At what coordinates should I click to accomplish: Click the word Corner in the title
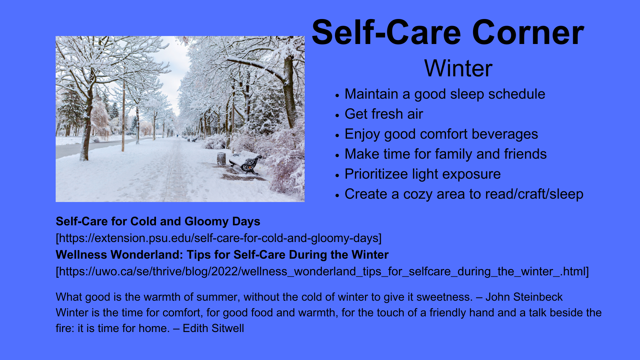(x=528, y=33)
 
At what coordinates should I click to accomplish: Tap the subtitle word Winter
(x=458, y=68)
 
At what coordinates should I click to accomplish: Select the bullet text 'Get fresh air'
(x=384, y=114)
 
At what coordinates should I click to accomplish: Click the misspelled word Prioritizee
(x=376, y=174)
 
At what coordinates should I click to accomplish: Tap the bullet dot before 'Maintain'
(x=337, y=95)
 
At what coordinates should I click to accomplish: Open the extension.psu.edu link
(x=219, y=238)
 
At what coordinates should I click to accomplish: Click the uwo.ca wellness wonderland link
(x=322, y=271)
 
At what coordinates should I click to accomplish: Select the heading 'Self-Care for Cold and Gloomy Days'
(x=158, y=221)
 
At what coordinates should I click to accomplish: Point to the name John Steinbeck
(x=524, y=297)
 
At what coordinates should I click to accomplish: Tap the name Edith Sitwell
(x=213, y=328)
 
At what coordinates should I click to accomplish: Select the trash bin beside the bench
(x=221, y=158)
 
